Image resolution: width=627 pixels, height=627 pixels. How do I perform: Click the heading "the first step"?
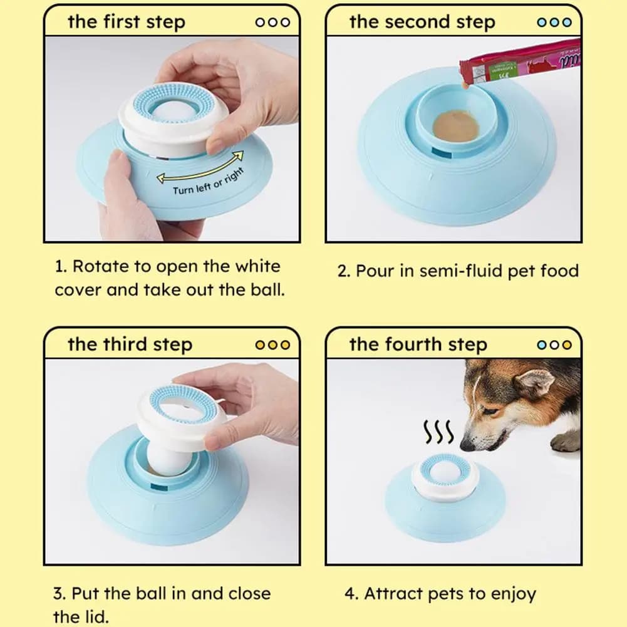(126, 22)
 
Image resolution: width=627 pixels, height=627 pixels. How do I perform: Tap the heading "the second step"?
(422, 22)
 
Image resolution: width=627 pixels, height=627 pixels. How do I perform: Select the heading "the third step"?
(130, 345)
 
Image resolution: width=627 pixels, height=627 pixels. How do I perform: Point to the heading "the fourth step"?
(418, 345)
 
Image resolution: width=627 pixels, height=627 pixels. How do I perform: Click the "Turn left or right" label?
(208, 182)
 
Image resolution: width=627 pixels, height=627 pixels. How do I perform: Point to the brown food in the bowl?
(455, 125)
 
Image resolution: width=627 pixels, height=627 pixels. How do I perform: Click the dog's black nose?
(467, 445)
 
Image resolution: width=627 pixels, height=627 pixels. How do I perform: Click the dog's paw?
(566, 442)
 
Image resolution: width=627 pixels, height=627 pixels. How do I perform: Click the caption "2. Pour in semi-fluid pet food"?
(458, 271)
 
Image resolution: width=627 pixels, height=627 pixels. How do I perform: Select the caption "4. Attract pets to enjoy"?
(440, 593)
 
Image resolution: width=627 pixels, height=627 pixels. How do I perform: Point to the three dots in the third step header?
(272, 345)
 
